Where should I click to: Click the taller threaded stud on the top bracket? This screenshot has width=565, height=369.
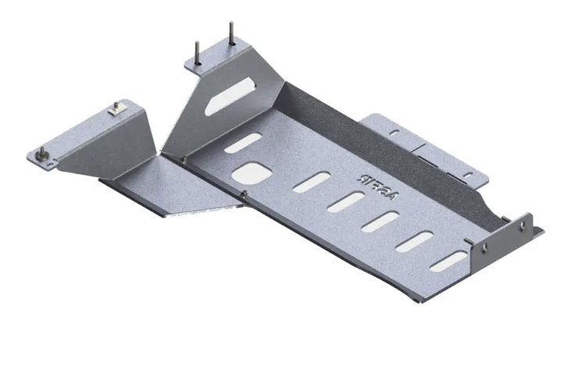pos(231,33)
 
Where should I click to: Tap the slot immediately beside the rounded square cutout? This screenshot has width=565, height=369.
pos(311,182)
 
